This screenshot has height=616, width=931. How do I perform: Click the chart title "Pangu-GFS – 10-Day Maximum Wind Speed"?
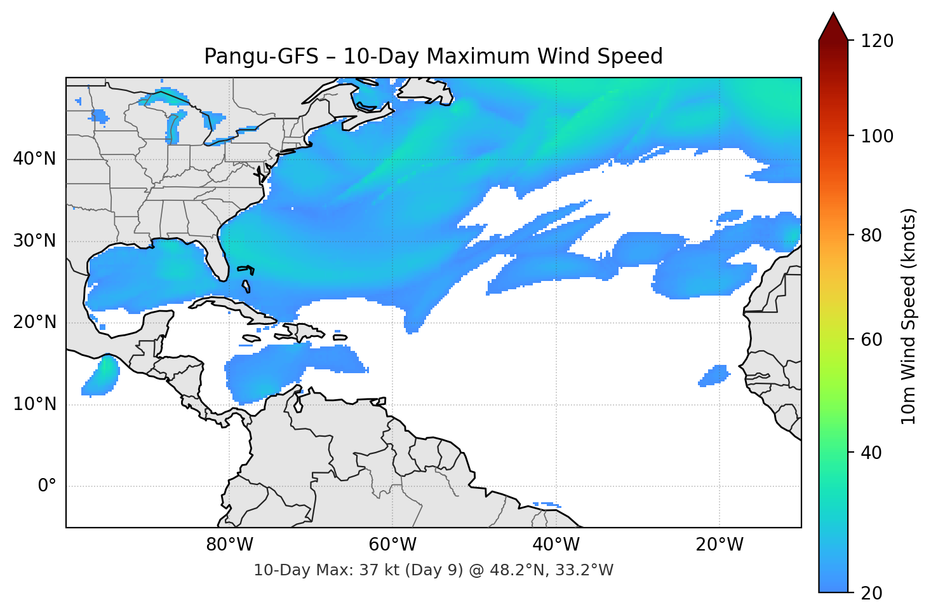coord(433,57)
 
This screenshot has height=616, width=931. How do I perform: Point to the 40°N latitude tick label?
coord(34,159)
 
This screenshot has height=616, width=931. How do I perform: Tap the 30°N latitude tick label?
coord(34,241)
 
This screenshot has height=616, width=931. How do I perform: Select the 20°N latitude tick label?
coord(34,322)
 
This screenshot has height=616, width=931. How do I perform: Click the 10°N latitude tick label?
coord(34,404)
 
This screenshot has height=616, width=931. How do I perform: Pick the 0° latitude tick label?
coord(46,486)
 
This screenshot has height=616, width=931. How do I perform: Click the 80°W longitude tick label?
coord(229,545)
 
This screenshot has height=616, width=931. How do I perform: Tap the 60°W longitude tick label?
coord(392,545)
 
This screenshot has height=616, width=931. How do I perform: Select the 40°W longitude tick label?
coord(556,545)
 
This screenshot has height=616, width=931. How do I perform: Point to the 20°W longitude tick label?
coord(719,545)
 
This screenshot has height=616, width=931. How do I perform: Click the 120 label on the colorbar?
coord(877,41)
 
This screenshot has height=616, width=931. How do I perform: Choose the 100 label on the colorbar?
coord(877,136)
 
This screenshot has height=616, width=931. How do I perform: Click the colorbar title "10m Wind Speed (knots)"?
coord(909,316)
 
